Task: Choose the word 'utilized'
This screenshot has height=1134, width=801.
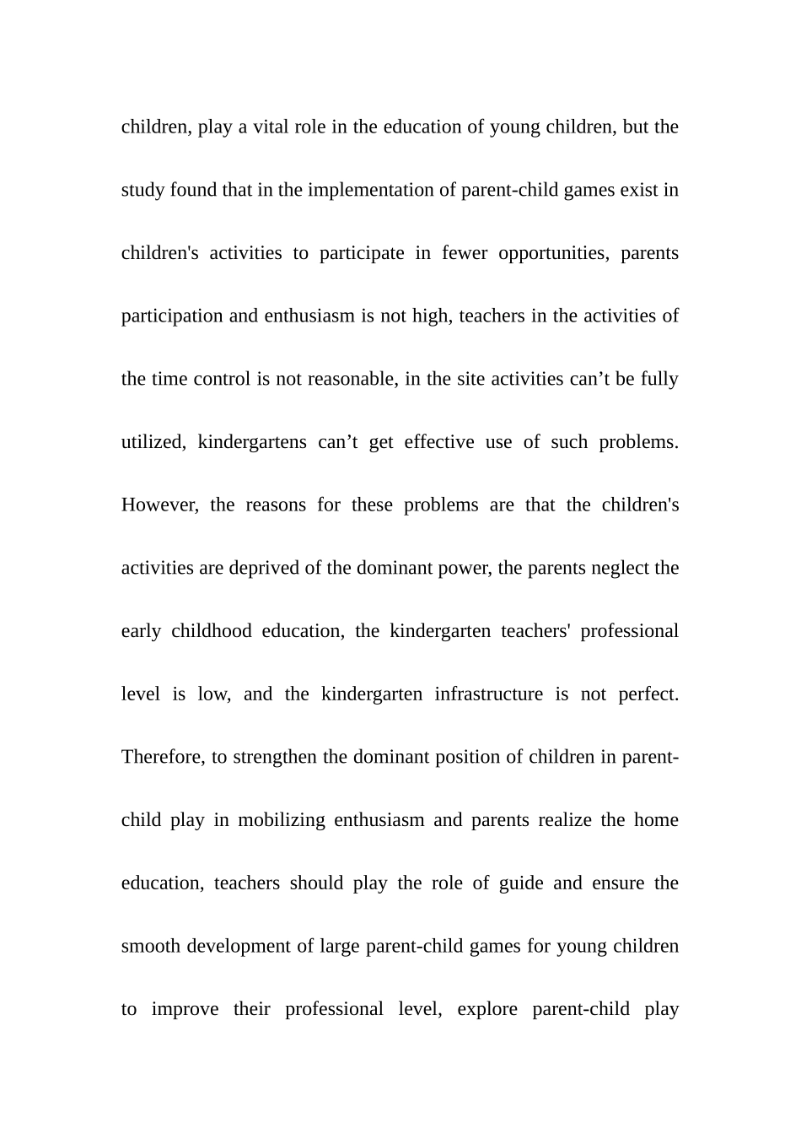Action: [x=153, y=442]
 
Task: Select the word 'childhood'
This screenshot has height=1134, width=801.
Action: [x=211, y=631]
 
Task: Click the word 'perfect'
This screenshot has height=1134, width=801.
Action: [x=648, y=694]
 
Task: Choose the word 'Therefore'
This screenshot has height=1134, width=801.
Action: [x=163, y=757]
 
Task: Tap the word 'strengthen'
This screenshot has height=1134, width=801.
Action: [x=275, y=758]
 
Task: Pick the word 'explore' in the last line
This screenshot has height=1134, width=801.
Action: [x=487, y=1010]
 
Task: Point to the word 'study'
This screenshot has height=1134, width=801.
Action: [x=142, y=191]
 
